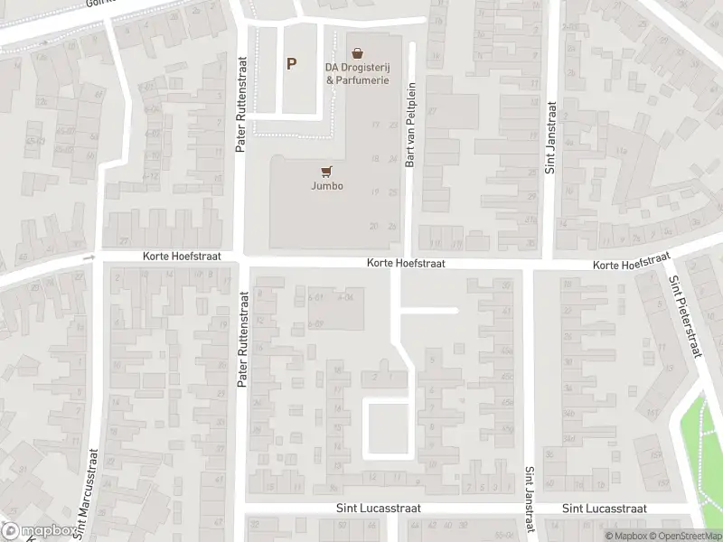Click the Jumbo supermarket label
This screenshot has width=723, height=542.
click(x=327, y=188)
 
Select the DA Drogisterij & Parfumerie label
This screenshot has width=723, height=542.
click(x=358, y=73)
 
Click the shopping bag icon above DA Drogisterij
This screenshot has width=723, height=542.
click(x=358, y=53)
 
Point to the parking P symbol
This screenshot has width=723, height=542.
click(x=291, y=64)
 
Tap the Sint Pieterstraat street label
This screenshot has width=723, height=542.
click(x=684, y=317)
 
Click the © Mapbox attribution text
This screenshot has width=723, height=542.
click(x=625, y=537)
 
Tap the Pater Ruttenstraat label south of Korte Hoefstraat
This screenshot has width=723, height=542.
click(x=242, y=340)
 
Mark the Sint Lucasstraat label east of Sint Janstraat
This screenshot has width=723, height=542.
click(x=605, y=509)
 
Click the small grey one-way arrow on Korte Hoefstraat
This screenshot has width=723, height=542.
click(x=89, y=258)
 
